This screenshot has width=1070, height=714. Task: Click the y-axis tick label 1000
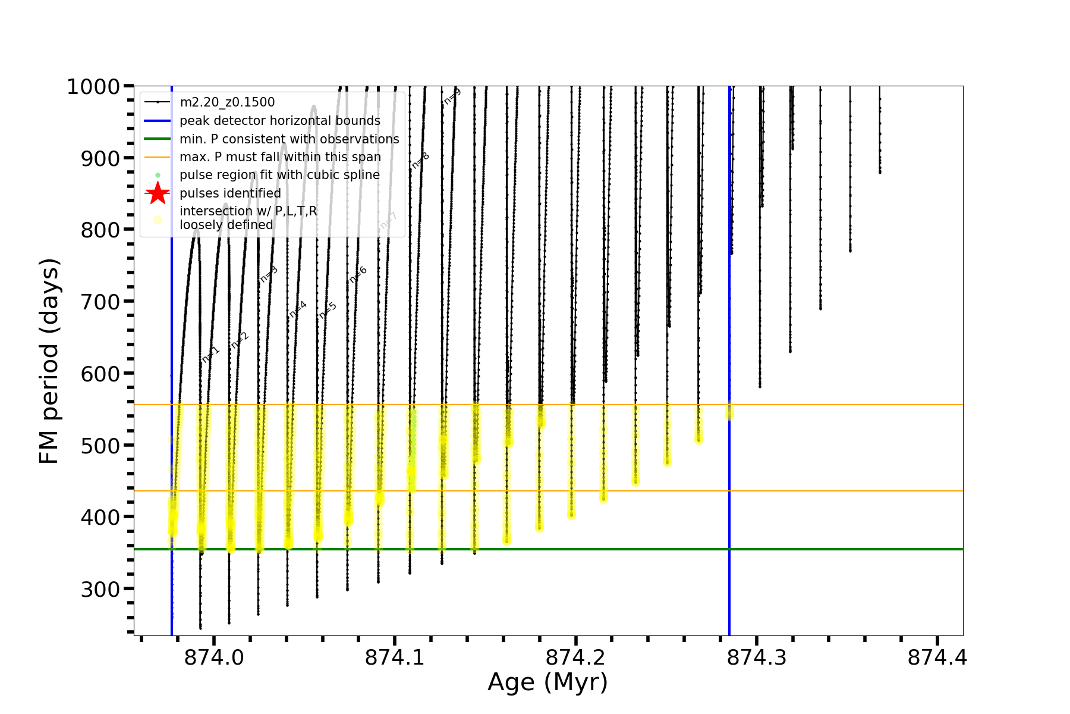pos(93,87)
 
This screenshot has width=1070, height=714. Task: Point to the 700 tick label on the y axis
pos(100,302)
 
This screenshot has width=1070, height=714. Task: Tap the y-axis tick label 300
pos(100,590)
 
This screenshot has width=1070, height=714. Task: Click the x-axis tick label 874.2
pos(575,658)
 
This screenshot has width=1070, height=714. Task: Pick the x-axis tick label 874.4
pos(937,658)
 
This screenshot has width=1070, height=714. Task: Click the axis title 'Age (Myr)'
pos(547,682)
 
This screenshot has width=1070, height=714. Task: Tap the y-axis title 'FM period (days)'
pos(49,361)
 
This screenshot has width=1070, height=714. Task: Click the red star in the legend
pos(158,193)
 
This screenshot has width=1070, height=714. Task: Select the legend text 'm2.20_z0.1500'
pos(227,102)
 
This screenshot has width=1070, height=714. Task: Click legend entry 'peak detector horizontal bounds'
pos(279,121)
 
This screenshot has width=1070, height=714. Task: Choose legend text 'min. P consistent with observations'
pos(289,139)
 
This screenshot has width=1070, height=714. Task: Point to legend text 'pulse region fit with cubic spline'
pos(279,175)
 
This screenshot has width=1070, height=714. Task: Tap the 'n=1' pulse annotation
pos(211,354)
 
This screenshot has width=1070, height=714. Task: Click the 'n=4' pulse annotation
pos(298,309)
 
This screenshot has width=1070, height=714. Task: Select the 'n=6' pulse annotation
pos(358,274)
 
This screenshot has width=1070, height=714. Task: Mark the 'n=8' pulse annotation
pos(420,161)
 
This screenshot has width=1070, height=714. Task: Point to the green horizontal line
pos(832,549)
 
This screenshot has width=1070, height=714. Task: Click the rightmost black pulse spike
pos(880,131)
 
